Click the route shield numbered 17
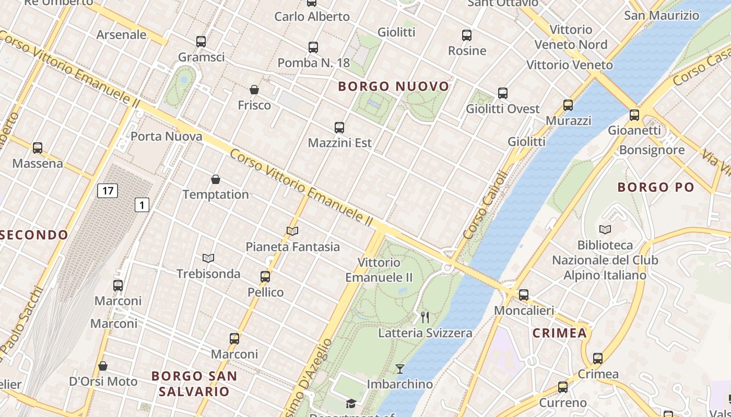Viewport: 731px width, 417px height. coord(108,191)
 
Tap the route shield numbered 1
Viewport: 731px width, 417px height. coord(142,205)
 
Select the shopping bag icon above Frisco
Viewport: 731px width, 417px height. coord(254,90)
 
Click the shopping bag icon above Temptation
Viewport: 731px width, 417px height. coord(216,179)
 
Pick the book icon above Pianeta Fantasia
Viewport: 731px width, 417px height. coord(292,231)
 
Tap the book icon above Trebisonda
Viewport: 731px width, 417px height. coord(208,258)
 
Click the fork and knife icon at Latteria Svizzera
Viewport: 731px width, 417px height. coord(425,317)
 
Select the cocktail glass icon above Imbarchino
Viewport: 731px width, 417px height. coord(400,369)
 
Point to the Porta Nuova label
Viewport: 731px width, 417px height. coord(166,137)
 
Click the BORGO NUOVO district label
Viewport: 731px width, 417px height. coord(394,87)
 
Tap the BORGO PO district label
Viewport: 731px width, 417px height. coord(656,187)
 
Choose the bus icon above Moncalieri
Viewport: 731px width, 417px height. coord(524,295)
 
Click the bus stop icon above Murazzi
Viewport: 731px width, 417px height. coord(568,105)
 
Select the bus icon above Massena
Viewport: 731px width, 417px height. coord(38,148)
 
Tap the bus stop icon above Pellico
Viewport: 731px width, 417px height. coord(265,277)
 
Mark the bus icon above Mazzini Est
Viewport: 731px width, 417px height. coord(339,127)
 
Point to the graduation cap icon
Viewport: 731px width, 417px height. coord(351,403)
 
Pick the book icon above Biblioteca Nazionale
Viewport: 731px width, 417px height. coord(605,229)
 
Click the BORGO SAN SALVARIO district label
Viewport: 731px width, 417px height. coord(194,383)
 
